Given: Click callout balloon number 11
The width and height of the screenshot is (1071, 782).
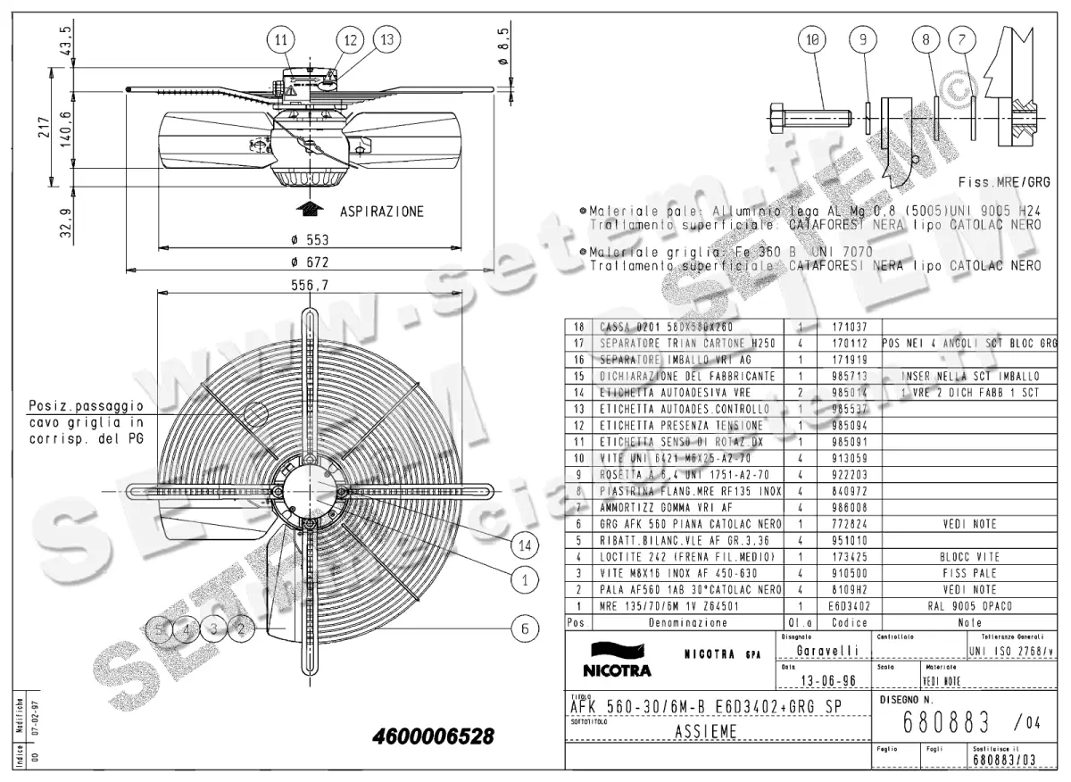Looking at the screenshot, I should (281, 39).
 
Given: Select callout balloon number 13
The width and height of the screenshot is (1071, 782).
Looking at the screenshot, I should (386, 39).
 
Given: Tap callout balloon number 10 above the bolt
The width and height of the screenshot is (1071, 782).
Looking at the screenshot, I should (811, 39).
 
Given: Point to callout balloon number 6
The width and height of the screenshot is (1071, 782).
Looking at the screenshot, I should (525, 628).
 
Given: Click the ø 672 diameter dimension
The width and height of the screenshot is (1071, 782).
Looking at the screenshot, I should (311, 262).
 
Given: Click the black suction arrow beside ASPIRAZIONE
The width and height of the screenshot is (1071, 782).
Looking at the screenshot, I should (310, 210).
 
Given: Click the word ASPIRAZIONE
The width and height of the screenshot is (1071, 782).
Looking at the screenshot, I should (382, 212).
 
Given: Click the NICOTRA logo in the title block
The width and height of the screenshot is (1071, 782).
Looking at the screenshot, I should (617, 661).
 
